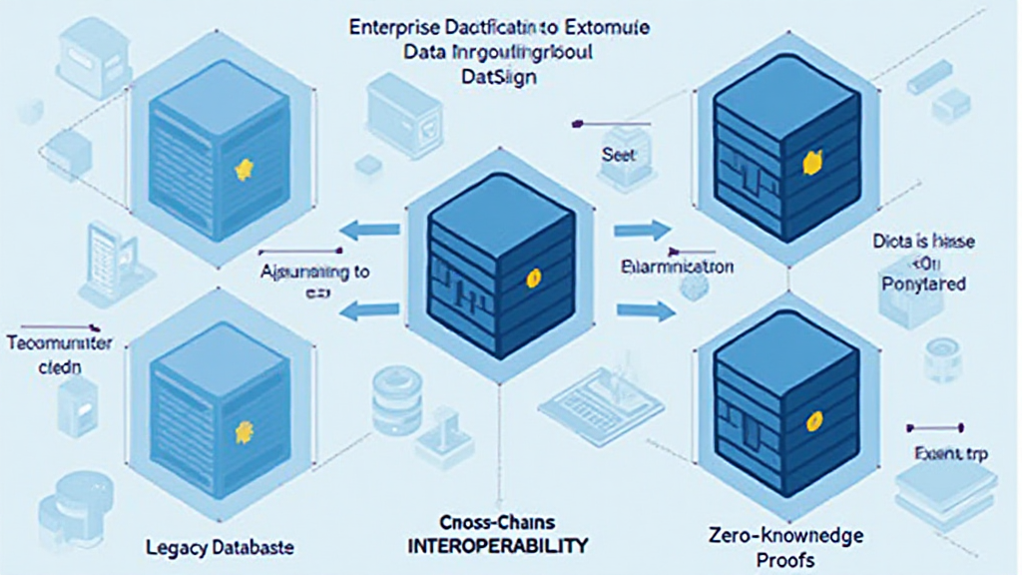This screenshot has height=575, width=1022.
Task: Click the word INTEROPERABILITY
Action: pyautogui.click(x=500, y=547)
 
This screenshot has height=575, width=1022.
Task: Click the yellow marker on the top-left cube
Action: pyautogui.click(x=242, y=171)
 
